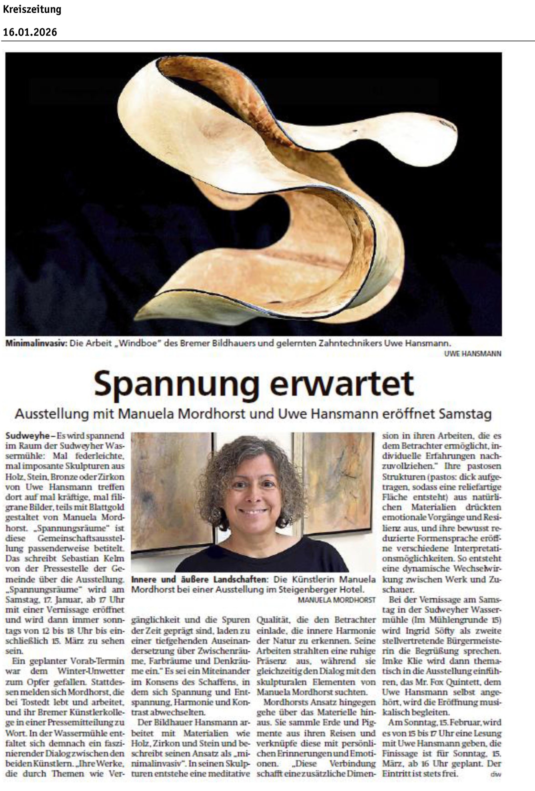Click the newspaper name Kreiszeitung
pos(32,10)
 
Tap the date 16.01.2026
pos(30,33)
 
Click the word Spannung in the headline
pos(175,385)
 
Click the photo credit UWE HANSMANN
pos(473,354)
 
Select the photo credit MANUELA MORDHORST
pos(337,600)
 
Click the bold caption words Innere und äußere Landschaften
pos(200,580)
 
